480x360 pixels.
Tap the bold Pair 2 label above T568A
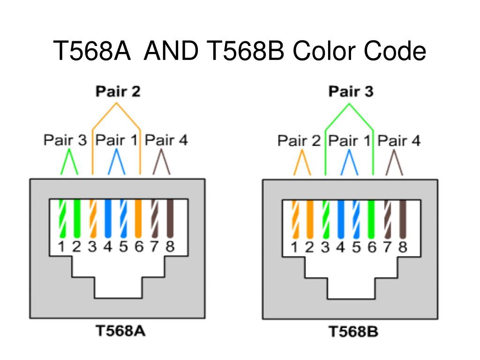[x=118, y=91]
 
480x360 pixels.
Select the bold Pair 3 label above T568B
[x=351, y=91]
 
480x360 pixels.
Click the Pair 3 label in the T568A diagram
[x=65, y=140]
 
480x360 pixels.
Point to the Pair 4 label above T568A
[x=166, y=140]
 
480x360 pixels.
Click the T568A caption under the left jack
[x=120, y=330]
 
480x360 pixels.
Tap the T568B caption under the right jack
[x=353, y=331]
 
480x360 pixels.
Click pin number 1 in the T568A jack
[x=61, y=247]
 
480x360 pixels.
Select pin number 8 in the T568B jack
[x=403, y=247]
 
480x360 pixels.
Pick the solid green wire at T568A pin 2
[x=77, y=218]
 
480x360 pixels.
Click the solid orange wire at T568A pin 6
[x=138, y=218]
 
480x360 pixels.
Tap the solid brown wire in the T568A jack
[x=170, y=218]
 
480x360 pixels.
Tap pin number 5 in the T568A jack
[x=123, y=247]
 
